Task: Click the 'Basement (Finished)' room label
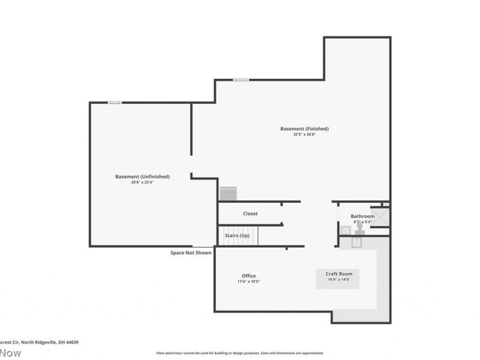[304, 128]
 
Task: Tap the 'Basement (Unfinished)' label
[142, 176]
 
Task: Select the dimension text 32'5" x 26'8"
[304, 134]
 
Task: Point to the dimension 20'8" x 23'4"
[142, 182]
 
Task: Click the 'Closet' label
[250, 214]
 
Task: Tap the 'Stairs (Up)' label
[237, 236]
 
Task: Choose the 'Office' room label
[248, 276]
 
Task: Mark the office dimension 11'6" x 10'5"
[248, 281]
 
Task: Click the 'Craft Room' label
[338, 274]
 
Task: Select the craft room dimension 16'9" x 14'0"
[338, 279]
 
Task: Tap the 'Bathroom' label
[362, 216]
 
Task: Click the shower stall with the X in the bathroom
[379, 217]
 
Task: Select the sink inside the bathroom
[346, 230]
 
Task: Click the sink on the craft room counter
[356, 242]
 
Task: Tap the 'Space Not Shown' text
[191, 253]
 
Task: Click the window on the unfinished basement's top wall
[115, 103]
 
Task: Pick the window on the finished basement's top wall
[241, 80]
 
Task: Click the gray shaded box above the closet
[229, 194]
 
